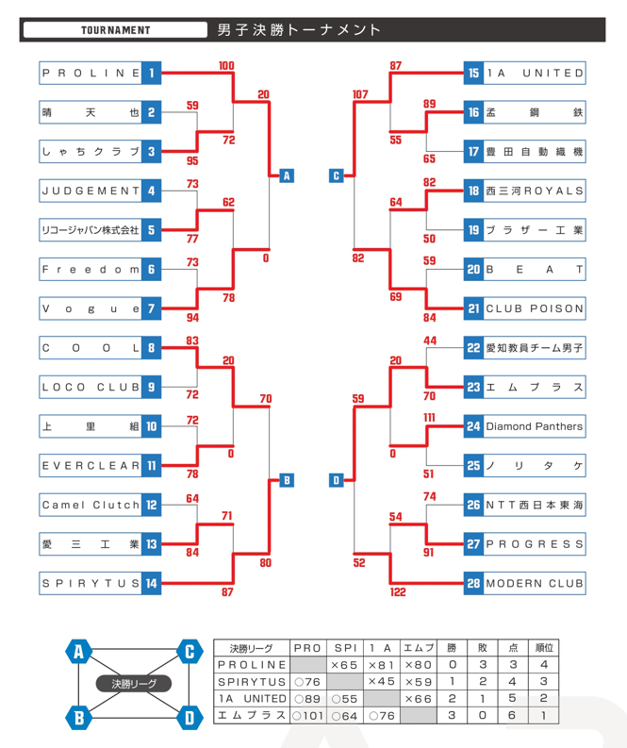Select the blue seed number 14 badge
[152, 584]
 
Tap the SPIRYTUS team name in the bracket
[91, 584]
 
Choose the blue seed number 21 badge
[473, 308]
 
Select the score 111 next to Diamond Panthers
[429, 417]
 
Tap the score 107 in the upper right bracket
[359, 94]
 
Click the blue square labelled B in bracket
[286, 481]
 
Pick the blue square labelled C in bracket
[337, 175]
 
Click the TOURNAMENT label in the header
[115, 30]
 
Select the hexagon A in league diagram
[79, 651]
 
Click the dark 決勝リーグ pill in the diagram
[134, 683]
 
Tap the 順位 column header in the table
[545, 648]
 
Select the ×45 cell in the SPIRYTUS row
[381, 681]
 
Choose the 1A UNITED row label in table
[252, 698]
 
